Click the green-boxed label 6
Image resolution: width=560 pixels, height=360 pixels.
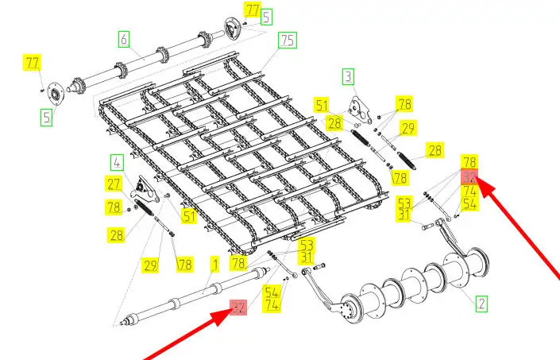point(123,37)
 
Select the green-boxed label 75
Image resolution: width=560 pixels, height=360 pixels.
point(288,40)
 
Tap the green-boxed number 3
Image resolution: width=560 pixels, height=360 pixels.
point(348,76)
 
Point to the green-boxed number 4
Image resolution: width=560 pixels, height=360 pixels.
point(118,164)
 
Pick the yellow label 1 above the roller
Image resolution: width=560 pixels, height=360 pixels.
point(214,262)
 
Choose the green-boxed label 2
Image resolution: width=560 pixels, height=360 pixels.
point(481,303)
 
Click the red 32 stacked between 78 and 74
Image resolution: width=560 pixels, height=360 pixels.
point(470,178)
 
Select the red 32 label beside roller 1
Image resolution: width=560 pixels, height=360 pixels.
point(238,308)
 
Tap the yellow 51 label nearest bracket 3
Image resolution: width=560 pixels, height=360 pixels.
point(321,104)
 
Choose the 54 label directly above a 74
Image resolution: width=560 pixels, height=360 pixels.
point(272,292)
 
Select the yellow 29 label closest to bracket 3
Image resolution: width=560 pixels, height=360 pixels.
point(408,129)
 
